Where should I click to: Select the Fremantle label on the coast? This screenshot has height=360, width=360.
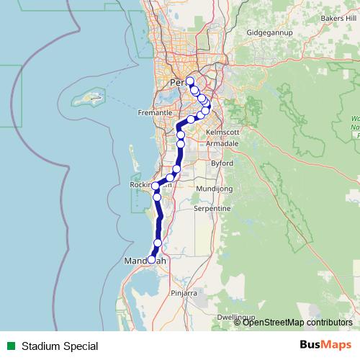(156, 113)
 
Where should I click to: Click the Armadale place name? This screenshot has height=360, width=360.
(222, 144)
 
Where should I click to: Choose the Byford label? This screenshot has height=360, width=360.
(222, 163)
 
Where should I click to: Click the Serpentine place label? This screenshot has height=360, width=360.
(212, 208)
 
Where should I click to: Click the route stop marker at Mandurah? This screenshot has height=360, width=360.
(151, 259)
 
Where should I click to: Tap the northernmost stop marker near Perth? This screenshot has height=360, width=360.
(189, 81)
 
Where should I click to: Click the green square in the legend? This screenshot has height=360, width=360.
(10, 346)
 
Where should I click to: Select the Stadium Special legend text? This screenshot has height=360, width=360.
(59, 346)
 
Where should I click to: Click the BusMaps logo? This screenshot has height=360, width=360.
(325, 346)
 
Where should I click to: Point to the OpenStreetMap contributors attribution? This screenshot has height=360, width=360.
(297, 323)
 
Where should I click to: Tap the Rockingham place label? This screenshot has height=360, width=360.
(150, 184)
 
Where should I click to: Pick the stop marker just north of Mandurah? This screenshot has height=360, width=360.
(158, 243)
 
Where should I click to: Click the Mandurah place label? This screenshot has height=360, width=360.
(145, 261)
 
